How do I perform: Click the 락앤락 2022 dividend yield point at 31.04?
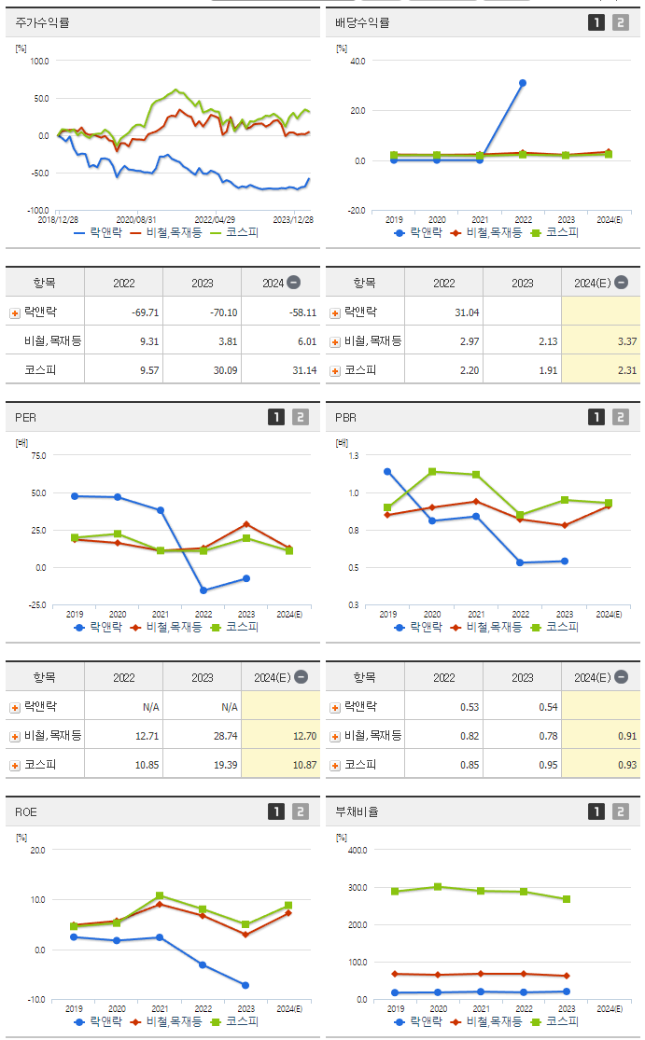click(x=523, y=83)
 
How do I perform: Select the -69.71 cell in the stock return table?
click(x=123, y=312)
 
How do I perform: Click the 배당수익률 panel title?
click(x=362, y=22)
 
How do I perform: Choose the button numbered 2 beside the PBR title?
click(x=621, y=418)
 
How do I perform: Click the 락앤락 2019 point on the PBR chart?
click(x=387, y=471)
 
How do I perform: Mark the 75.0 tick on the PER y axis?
click(x=38, y=456)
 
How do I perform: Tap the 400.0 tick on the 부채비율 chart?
click(x=358, y=851)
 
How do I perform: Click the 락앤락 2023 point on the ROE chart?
click(x=246, y=985)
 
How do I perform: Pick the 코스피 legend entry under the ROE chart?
click(x=234, y=1021)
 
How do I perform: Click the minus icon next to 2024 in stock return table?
click(x=293, y=283)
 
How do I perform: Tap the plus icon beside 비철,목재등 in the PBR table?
click(x=335, y=736)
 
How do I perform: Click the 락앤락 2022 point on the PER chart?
click(x=203, y=590)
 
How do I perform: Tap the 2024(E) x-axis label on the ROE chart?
click(x=289, y=1009)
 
